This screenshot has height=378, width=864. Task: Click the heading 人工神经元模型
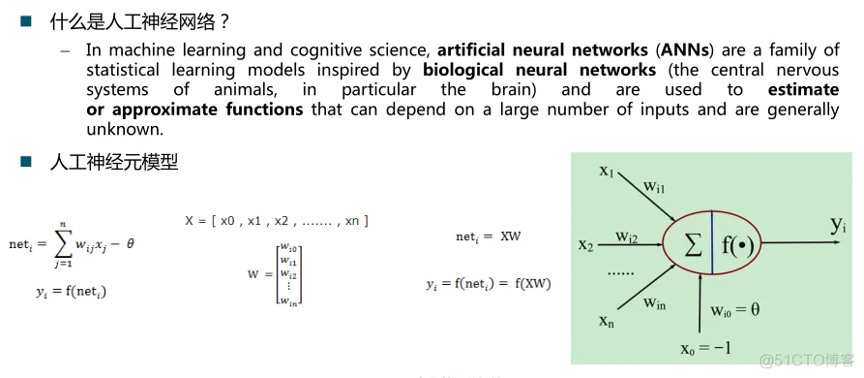point(113,162)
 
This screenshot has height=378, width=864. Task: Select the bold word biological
point(462,70)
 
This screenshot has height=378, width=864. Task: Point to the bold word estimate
point(803,90)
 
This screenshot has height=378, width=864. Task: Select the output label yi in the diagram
point(838,226)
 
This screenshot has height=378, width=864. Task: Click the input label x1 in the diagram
point(607,172)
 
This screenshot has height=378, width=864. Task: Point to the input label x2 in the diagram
point(585,243)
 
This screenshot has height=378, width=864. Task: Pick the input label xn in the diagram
point(607,321)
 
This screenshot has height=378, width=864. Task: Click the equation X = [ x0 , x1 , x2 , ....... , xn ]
point(277,221)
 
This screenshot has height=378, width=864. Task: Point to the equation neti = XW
point(489,236)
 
